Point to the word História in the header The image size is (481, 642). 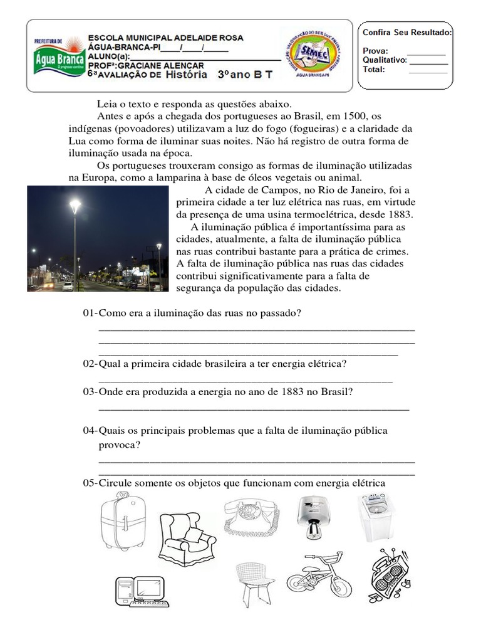[177, 75]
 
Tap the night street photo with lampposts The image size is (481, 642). [98, 238]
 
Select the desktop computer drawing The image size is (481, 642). [140, 591]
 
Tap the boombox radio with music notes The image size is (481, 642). [387, 576]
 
